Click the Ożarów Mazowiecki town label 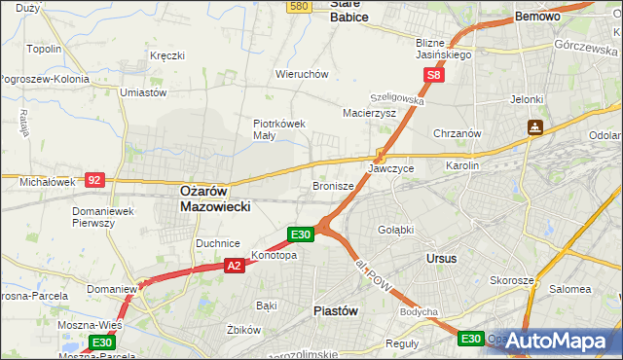point(216,199)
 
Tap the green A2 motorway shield point(234,264)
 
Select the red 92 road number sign point(94,180)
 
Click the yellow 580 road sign point(299,6)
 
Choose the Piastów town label point(336,310)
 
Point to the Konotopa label point(275,256)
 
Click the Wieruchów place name point(302,74)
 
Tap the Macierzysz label point(369,113)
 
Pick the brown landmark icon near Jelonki point(534,126)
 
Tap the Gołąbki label point(395,230)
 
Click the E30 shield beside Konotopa point(301,234)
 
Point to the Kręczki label point(166,55)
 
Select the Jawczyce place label point(390,168)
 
